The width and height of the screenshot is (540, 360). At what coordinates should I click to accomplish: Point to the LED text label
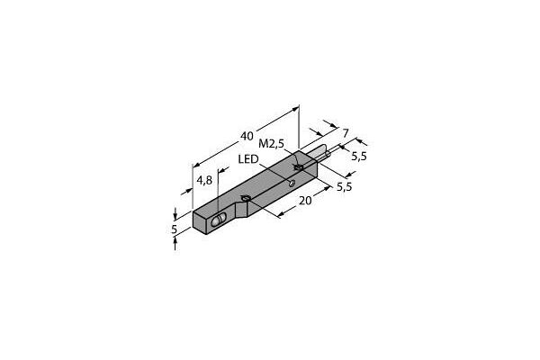(x=249, y=160)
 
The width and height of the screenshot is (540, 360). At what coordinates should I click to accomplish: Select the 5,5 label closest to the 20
(x=344, y=187)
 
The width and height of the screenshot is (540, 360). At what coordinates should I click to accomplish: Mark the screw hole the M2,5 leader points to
(x=299, y=166)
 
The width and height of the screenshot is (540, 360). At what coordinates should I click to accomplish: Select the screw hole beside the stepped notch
(x=245, y=198)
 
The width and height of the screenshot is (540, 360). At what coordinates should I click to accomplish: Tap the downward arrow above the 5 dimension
(x=175, y=214)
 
